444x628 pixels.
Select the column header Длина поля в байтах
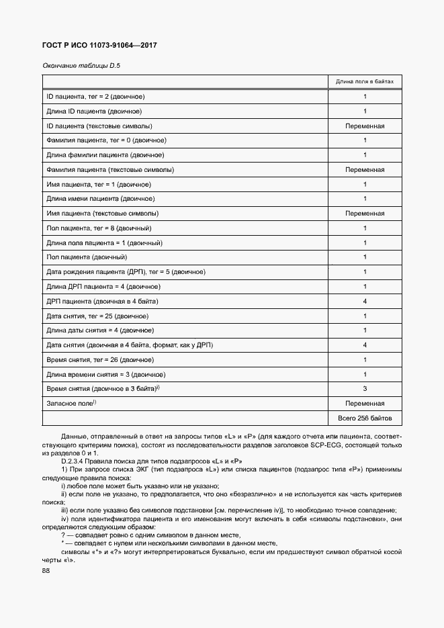365,82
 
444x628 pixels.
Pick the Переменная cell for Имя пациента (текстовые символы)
365,214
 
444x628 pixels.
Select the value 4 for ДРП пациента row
365,302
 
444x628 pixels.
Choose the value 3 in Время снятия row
365,389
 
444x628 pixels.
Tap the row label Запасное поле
71,404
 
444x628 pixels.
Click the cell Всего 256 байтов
365,418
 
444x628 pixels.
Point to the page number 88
46,571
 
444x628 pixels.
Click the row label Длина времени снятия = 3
105,374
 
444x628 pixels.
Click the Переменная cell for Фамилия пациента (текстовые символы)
365,170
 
